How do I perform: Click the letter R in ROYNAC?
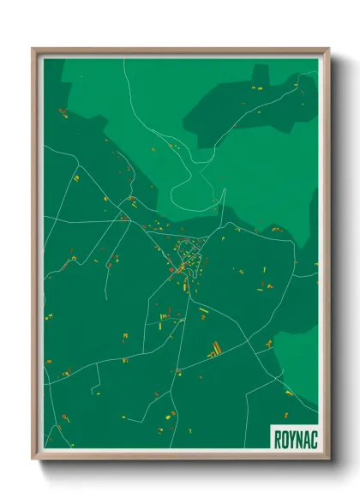tap(278, 436)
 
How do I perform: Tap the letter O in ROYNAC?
tap(285, 436)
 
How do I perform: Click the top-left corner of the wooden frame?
tap(33, 49)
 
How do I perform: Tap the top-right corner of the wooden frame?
tap(328, 49)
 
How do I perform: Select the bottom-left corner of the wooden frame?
tap(33, 459)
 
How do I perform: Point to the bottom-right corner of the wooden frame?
tap(328, 459)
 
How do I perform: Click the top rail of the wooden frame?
tap(180, 51)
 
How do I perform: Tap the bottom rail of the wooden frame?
tap(180, 455)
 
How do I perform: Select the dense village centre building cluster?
tap(189, 257)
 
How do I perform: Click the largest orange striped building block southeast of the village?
tap(214, 349)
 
